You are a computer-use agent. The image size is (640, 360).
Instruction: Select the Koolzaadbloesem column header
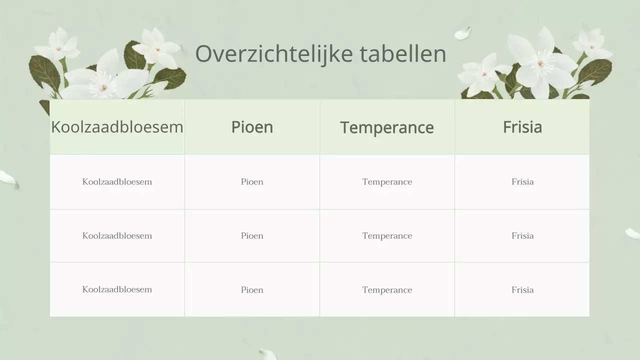pyautogui.click(x=117, y=127)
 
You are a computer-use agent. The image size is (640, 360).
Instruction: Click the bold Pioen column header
pyautogui.click(x=252, y=127)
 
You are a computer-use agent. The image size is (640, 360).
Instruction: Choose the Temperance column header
pyautogui.click(x=387, y=127)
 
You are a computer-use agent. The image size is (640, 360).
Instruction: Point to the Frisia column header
pyautogui.click(x=522, y=127)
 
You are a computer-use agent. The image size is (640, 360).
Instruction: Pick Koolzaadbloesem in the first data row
pyautogui.click(x=117, y=182)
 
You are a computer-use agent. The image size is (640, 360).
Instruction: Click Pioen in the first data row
pyautogui.click(x=252, y=182)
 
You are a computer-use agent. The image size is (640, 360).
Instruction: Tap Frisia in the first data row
pyautogui.click(x=522, y=182)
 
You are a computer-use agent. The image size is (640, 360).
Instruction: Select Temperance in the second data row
pyautogui.click(x=387, y=236)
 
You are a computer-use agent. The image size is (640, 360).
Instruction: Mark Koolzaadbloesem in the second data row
pyautogui.click(x=117, y=236)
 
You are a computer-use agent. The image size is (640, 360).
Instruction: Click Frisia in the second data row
pyautogui.click(x=522, y=236)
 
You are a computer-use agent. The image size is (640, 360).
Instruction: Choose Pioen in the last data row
pyautogui.click(x=252, y=290)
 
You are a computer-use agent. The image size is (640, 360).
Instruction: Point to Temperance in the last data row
pyautogui.click(x=387, y=290)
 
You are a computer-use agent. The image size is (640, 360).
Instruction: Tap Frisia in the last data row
pyautogui.click(x=522, y=290)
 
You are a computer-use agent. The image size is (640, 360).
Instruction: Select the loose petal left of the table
pyautogui.click(x=8, y=178)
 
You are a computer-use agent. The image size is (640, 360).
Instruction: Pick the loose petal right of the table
pyautogui.click(x=632, y=233)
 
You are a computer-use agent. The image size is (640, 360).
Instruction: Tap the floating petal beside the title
pyautogui.click(x=463, y=33)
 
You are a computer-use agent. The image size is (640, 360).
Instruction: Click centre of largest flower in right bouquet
pyautogui.click(x=540, y=64)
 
